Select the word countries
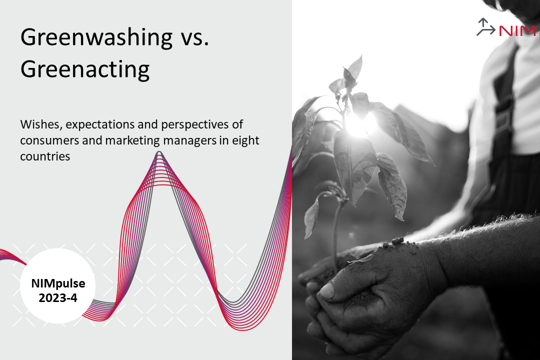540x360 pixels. coord(45,156)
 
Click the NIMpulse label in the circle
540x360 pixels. coord(58,283)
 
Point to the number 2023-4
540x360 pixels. coord(58,298)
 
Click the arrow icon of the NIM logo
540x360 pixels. coord(485,27)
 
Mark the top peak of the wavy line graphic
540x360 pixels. coord(159,152)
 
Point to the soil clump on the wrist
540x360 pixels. coord(396,241)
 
